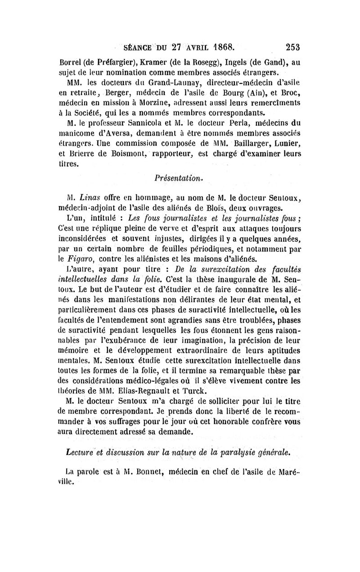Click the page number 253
tap(292, 46)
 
